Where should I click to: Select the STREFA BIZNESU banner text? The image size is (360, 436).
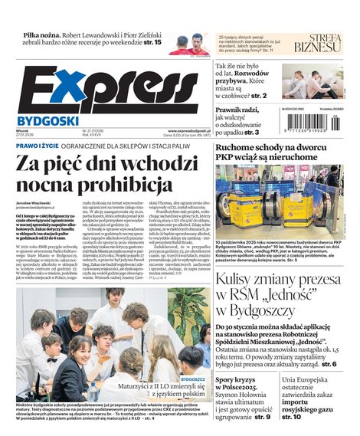tap(319, 47)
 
